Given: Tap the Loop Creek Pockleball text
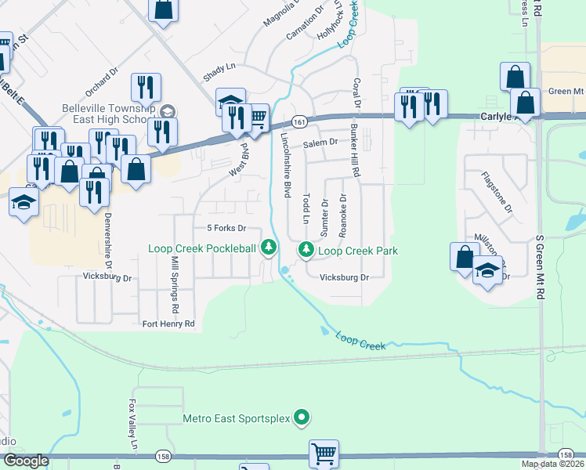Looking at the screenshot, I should (202, 248).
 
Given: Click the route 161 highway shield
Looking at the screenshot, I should (298, 122).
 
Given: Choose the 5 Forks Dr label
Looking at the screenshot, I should (226, 228).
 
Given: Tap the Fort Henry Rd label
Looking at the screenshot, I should (168, 324).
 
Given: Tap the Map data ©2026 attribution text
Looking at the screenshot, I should (552, 464).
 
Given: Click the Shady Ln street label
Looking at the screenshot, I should (219, 68).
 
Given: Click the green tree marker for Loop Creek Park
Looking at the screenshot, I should (306, 250).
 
